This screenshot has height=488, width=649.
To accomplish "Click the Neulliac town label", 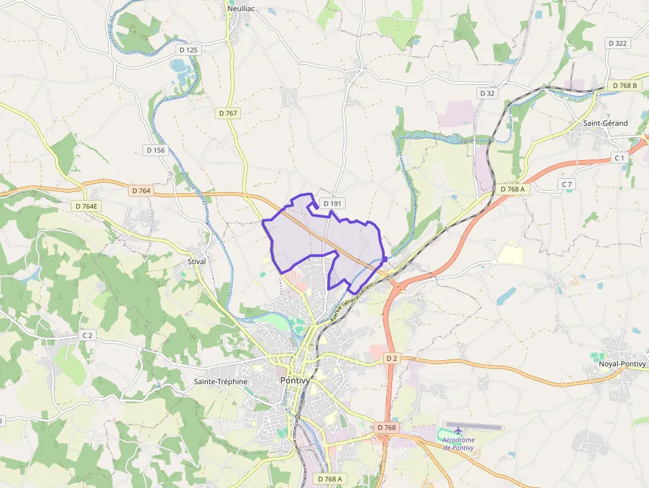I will pos(242,9).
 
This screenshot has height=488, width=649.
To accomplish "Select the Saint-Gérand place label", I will pos(605,123).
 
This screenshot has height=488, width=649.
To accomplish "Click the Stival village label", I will pos(197,262).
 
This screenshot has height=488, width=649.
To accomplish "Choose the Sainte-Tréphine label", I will pos(221,381).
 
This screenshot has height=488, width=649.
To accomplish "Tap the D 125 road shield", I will pos(188,50).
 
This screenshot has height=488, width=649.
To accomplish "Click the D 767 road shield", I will pos(228,113).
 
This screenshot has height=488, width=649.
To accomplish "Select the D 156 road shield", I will pos(155,150).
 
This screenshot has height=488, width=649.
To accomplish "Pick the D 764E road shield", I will pos(86,206).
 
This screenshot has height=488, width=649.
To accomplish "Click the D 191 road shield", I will pos(331,203).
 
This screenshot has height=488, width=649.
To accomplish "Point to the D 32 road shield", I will pos(487,93).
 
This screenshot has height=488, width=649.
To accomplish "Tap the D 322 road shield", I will pos(617,43).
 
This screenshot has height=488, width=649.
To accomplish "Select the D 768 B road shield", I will pos(624,86).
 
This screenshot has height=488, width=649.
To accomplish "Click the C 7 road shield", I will pos(566,183).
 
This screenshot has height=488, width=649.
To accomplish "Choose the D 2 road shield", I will pos(391,358).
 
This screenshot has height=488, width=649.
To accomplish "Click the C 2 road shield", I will pos(87,336).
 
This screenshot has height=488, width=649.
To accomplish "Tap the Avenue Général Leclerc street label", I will pos(352,301).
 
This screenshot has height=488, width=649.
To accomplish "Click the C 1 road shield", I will pos(619,158).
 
